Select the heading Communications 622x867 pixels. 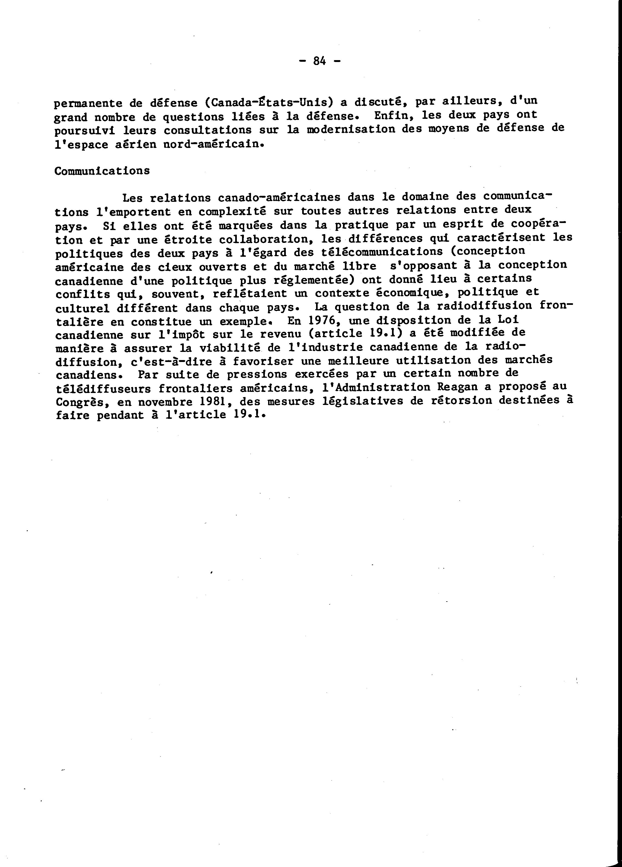[102, 171]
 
